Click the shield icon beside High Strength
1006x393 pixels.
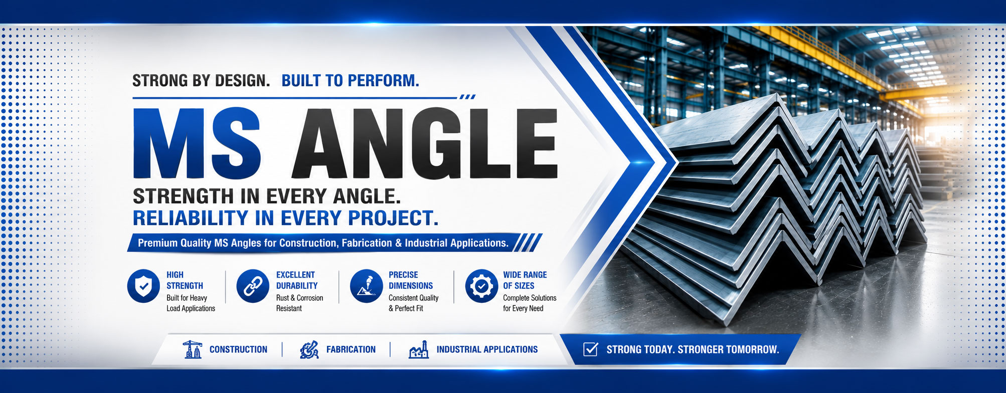coord(143,286)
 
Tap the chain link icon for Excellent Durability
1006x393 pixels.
coord(253,286)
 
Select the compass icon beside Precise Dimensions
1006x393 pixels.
coord(367,286)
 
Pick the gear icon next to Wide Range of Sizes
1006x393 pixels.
coord(481,286)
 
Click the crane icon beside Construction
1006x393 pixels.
coord(192,349)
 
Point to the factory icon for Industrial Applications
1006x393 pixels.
coord(419,349)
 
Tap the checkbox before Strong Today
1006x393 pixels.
coord(591,349)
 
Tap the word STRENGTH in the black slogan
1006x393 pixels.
coord(184,196)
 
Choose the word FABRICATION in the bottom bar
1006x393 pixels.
coord(351,349)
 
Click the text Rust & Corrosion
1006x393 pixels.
coord(299,298)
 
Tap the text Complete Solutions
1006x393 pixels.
coord(530,298)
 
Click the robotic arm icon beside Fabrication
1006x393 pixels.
coord(309,349)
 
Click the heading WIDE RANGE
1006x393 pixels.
coord(525,275)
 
